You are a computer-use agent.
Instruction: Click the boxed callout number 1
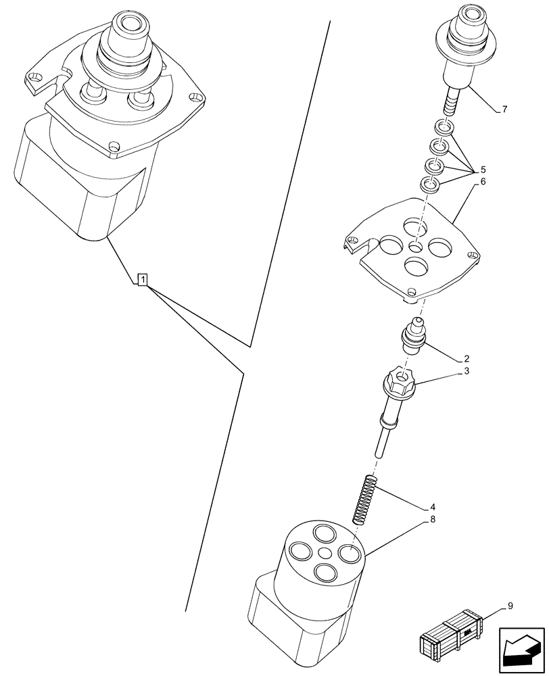coord(143,279)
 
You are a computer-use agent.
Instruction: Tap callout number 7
coord(505,110)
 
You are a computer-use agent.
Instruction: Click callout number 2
coord(467,358)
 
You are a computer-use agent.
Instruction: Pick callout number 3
coord(467,371)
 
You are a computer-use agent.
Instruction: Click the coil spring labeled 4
coord(365,500)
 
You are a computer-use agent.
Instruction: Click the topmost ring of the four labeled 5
coord(442,127)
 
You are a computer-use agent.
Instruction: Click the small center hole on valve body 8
coord(326,554)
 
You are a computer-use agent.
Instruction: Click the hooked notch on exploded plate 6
coord(352,242)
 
